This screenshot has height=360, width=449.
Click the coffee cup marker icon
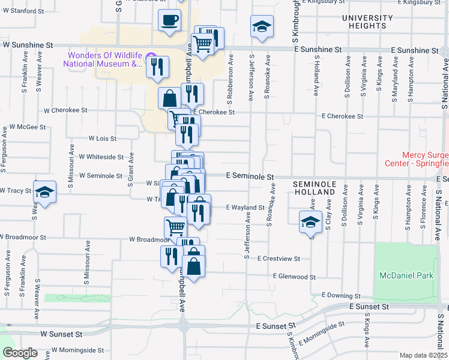point(169,20)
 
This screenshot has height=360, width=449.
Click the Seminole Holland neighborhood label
point(313,187)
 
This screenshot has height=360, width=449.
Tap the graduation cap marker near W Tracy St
point(44,193)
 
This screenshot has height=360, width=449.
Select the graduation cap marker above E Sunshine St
point(262,27)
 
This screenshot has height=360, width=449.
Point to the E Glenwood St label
point(294,277)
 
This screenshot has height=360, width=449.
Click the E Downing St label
point(340,295)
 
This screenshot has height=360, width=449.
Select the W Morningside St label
point(77,349)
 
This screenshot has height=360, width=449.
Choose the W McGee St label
point(28,127)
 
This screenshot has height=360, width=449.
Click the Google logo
point(20,353)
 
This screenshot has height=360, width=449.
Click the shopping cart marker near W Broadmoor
point(175,227)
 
